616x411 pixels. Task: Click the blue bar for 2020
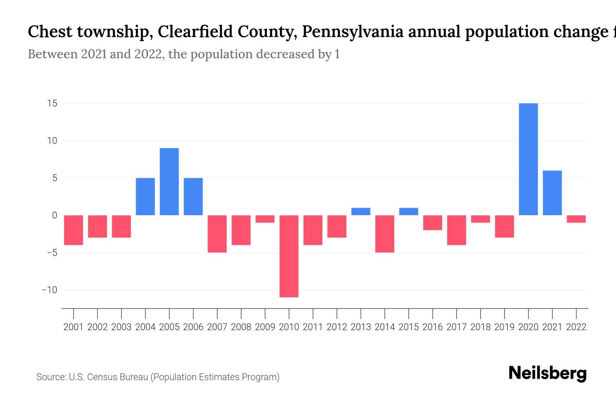pos(528,159)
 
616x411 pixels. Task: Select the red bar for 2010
pos(289,256)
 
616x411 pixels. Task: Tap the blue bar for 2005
pos(169,182)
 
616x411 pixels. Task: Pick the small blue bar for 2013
pos(361,212)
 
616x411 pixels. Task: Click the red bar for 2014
pos(385,234)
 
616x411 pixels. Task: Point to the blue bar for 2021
pos(552,193)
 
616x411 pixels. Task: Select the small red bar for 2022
pos(576,219)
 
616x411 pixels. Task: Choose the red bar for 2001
pos(74,230)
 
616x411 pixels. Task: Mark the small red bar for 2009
pos(265,219)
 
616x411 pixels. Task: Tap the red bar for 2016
pos(433,223)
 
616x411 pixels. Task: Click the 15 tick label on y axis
pos(52,103)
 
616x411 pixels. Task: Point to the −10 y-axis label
pos(50,290)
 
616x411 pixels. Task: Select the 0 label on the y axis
pos(54,215)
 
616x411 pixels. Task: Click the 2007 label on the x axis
pos(217,327)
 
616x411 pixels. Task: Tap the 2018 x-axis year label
pos(480,327)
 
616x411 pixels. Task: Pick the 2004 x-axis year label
pos(145,327)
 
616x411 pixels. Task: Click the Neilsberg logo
pos(548,373)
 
